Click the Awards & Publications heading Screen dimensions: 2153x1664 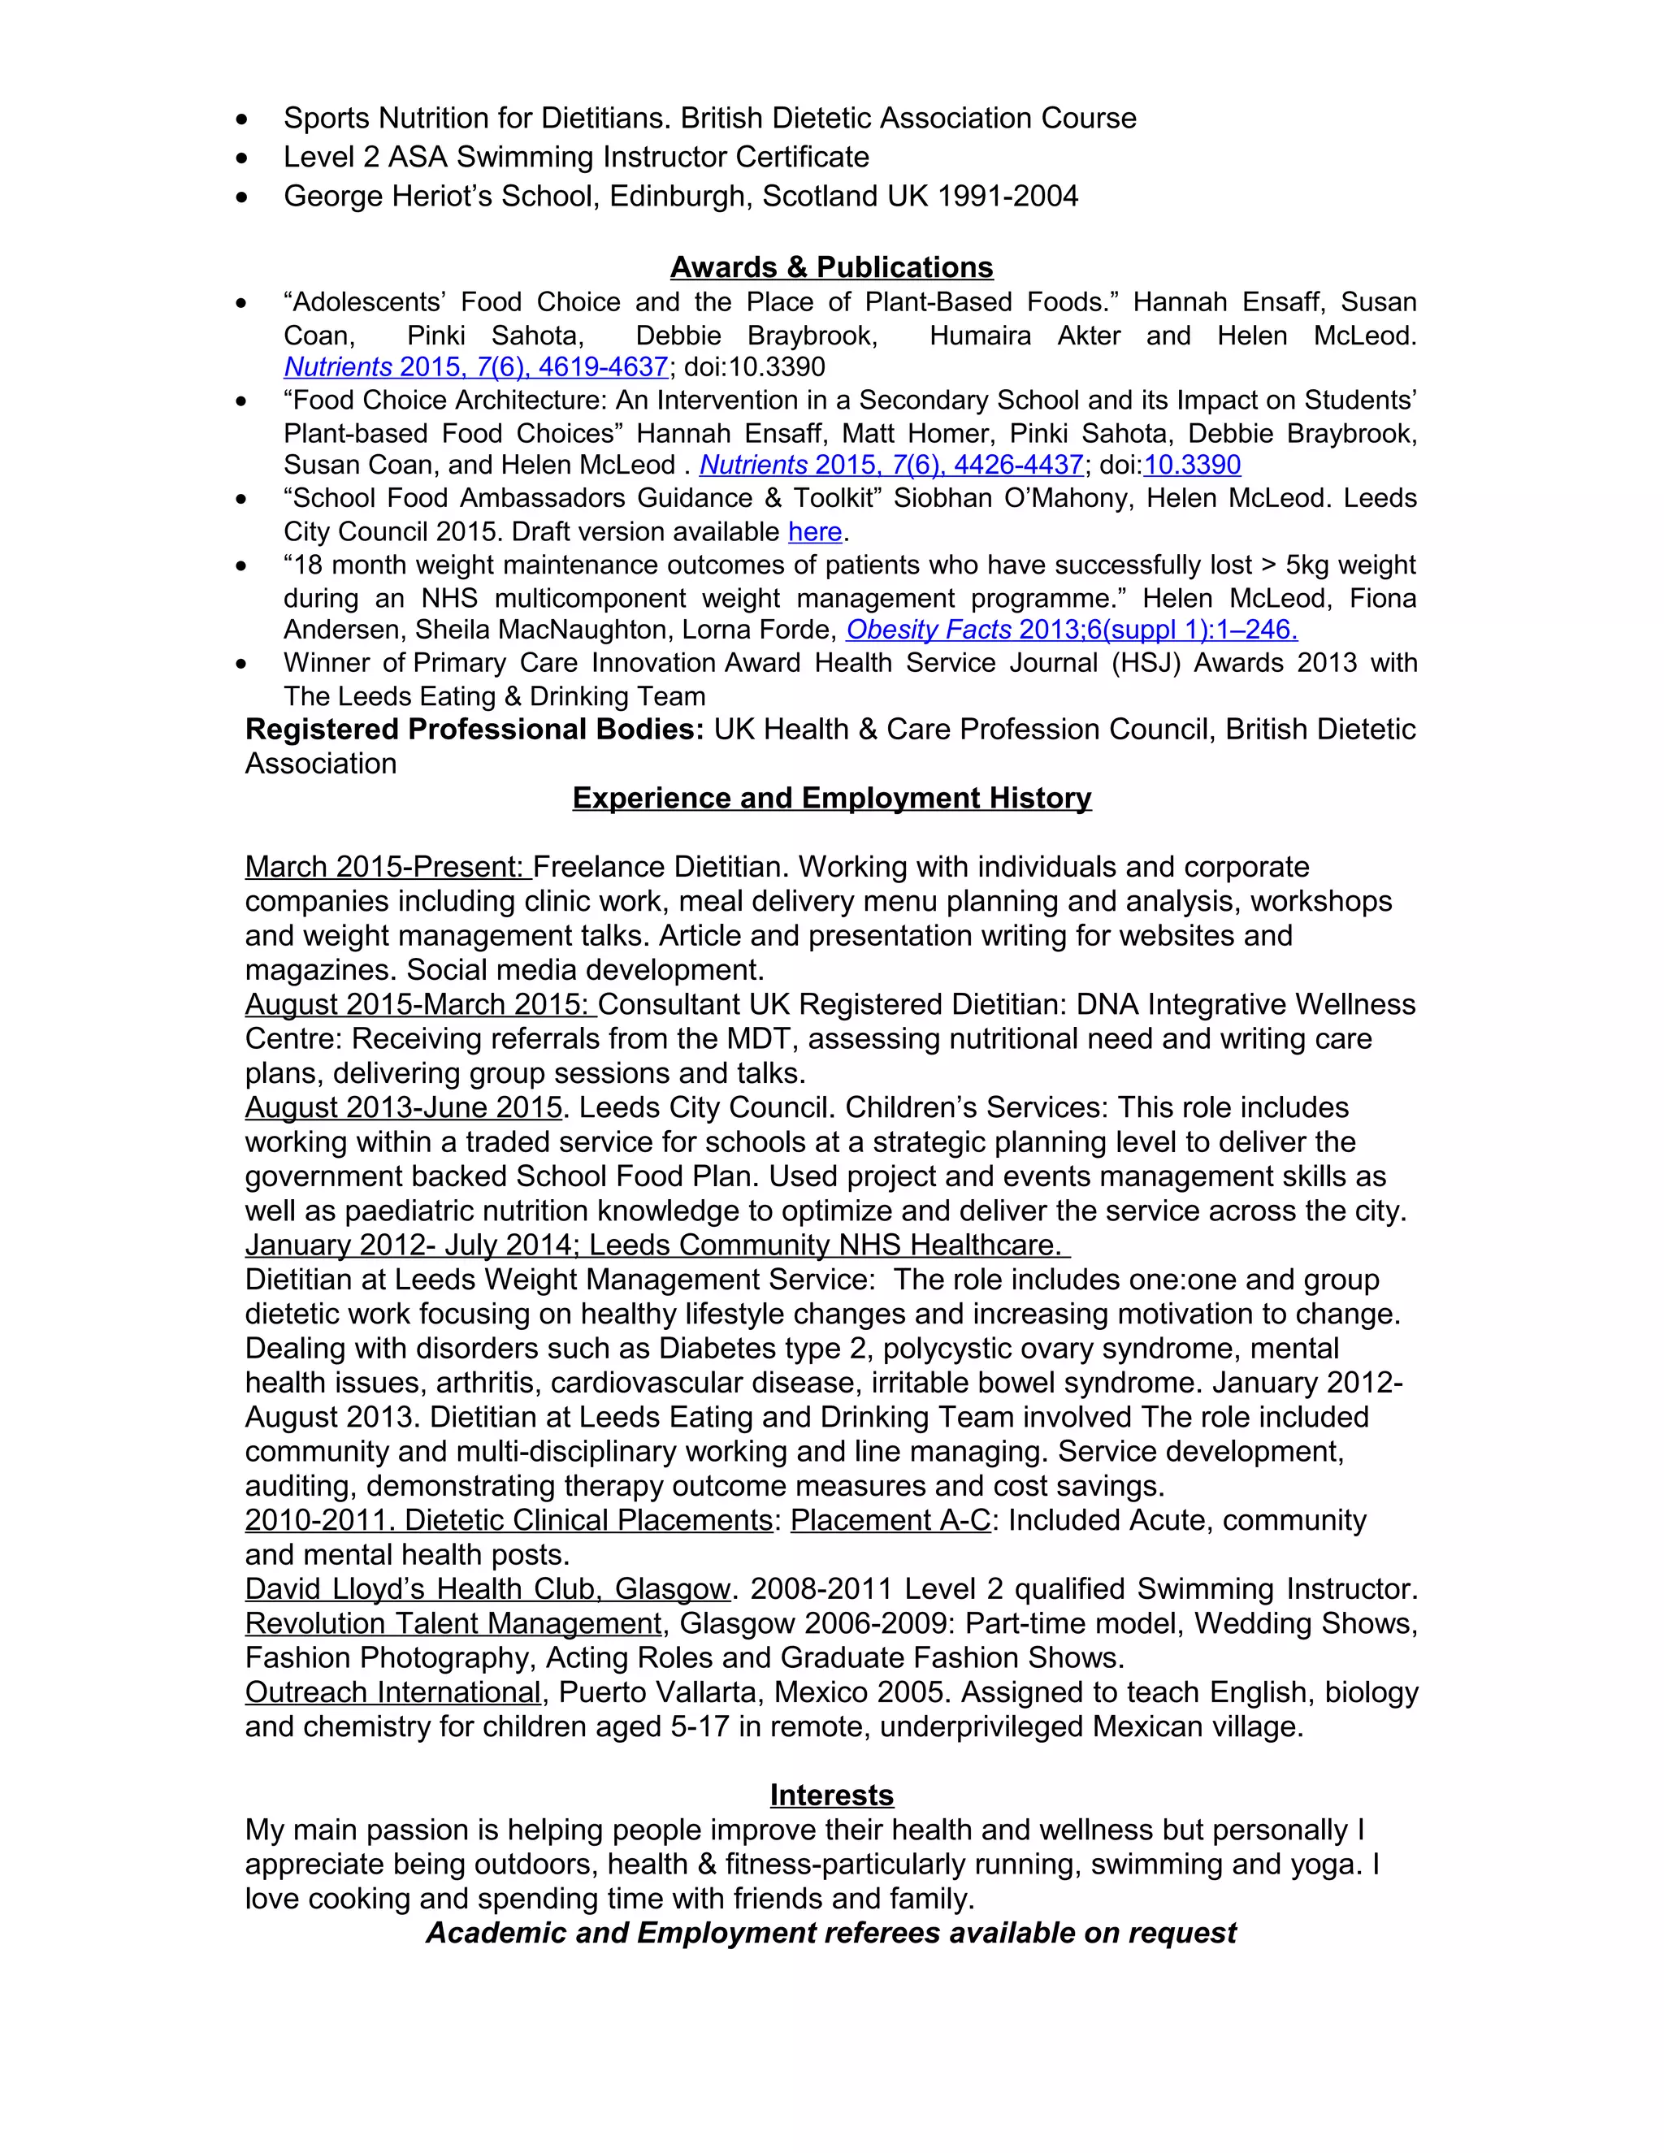click(831, 267)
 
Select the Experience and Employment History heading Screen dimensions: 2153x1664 click(831, 798)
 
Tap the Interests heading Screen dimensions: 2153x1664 click(831, 1796)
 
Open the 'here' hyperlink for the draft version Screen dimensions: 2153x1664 click(814, 532)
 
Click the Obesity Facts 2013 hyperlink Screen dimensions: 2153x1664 click(1071, 630)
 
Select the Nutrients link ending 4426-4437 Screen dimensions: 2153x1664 click(891, 466)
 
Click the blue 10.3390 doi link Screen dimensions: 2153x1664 click(1192, 466)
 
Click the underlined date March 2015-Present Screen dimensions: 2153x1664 click(387, 868)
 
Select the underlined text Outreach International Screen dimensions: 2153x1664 click(393, 1692)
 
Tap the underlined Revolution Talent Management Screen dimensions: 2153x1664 click(453, 1623)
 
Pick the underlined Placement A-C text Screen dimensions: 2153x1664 click(890, 1520)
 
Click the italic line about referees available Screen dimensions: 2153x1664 click(831, 1933)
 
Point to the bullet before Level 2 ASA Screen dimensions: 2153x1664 click(242, 158)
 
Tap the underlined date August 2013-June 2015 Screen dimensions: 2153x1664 click(403, 1108)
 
